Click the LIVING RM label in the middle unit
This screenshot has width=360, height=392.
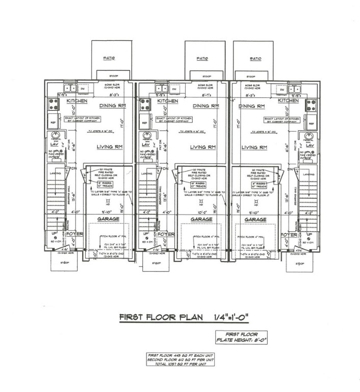(203, 147)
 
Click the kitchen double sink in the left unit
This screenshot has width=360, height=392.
(67, 88)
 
